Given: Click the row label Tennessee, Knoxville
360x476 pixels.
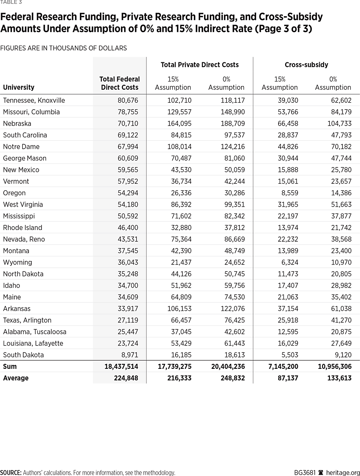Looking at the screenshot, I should (34, 100).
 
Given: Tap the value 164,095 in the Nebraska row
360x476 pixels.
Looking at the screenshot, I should (180, 123).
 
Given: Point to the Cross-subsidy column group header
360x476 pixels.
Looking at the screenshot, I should (306, 64).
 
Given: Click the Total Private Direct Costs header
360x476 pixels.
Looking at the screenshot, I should (200, 64).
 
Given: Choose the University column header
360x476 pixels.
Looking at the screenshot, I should (19, 87).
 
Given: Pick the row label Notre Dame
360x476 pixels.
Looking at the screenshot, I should (21, 147).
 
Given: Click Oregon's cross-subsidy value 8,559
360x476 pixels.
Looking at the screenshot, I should (289, 193).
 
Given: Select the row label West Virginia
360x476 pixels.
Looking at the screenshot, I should (23, 205).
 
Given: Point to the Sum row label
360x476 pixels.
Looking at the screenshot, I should (10, 367).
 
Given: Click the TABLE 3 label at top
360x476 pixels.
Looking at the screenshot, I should (11, 2).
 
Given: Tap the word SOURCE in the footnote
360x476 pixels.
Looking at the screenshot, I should (11, 473).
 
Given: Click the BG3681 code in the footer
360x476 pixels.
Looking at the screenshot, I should (305, 473).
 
